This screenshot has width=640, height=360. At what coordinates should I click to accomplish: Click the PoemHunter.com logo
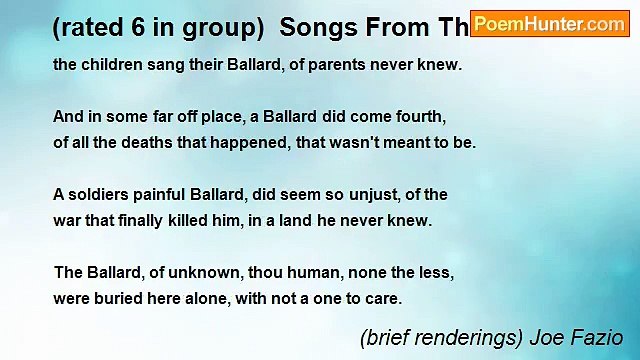point(550,24)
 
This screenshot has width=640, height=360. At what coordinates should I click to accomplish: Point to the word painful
point(169,194)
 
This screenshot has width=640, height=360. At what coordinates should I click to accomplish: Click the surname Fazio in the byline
point(599,338)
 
